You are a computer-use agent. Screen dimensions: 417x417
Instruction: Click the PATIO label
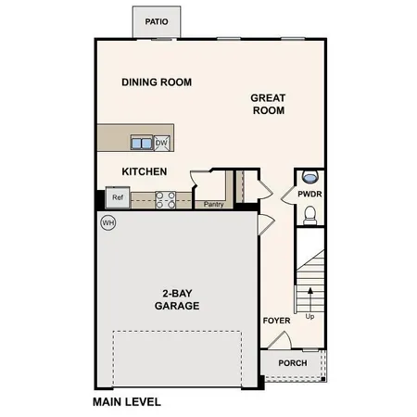157,19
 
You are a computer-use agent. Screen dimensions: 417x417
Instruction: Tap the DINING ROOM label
157,82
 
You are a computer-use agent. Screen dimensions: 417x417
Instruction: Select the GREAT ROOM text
268,104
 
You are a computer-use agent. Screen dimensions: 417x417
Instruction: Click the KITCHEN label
145,171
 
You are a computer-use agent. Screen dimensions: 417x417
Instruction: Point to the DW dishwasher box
161,142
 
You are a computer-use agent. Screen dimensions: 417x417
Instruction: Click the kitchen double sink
142,142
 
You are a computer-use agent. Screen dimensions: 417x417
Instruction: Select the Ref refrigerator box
118,197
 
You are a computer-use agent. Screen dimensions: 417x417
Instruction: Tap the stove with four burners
165,197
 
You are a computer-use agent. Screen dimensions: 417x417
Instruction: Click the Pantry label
214,204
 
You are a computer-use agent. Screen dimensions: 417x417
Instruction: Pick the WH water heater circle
108,222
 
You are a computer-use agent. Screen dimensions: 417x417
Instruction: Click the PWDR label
310,195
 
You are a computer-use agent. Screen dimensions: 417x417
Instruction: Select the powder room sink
310,176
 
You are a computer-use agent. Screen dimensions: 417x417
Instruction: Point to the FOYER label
276,322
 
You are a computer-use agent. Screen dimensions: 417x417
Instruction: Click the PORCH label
293,362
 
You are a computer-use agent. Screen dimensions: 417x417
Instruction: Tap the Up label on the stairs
310,316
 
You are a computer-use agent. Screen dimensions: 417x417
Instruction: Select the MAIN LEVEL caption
127,402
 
